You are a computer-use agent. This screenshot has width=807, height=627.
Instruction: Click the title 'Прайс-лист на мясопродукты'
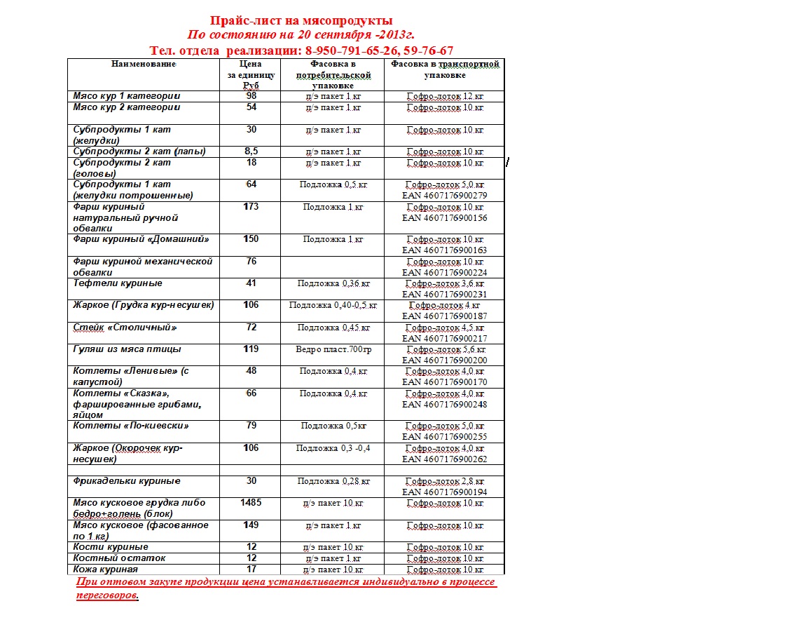click(x=301, y=20)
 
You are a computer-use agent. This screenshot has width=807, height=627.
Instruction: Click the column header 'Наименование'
click(x=143, y=64)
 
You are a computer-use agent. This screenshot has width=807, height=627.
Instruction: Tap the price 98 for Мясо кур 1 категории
click(x=251, y=96)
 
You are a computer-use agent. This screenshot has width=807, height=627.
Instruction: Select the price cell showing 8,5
click(x=251, y=151)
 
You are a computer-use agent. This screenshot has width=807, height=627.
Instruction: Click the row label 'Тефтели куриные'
click(x=118, y=283)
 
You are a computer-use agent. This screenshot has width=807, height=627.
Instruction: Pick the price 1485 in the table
click(x=250, y=503)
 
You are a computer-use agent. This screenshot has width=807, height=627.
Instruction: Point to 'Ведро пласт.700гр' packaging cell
click(x=333, y=349)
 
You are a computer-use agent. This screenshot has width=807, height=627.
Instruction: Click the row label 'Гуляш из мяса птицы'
click(x=127, y=349)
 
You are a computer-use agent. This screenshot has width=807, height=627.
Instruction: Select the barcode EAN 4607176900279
click(x=444, y=196)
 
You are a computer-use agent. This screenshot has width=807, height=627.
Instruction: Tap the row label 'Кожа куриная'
click(x=105, y=569)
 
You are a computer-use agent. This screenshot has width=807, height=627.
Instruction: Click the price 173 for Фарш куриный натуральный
click(x=251, y=207)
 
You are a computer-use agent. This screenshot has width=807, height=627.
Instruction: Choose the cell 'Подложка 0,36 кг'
click(x=333, y=284)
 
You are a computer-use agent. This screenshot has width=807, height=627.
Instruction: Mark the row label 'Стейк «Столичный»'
click(x=125, y=328)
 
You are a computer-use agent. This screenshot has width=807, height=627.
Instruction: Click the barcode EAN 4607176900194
click(x=444, y=492)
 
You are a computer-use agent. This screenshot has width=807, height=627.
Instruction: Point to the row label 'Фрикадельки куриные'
click(x=127, y=481)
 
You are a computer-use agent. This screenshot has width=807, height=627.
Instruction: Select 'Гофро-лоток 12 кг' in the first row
click(x=446, y=97)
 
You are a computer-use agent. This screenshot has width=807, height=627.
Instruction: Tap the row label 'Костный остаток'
click(x=119, y=558)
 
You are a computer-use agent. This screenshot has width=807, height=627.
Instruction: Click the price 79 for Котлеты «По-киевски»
click(x=251, y=426)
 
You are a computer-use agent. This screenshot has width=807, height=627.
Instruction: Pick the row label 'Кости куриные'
click(x=111, y=547)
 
